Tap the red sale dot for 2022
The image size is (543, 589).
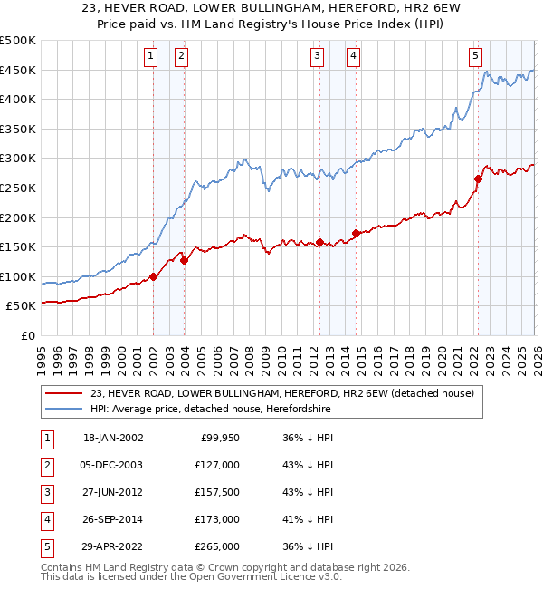click(x=478, y=179)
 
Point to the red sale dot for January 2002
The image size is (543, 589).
click(x=153, y=276)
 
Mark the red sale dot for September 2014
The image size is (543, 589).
click(x=356, y=233)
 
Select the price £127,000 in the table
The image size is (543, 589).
click(x=217, y=464)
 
